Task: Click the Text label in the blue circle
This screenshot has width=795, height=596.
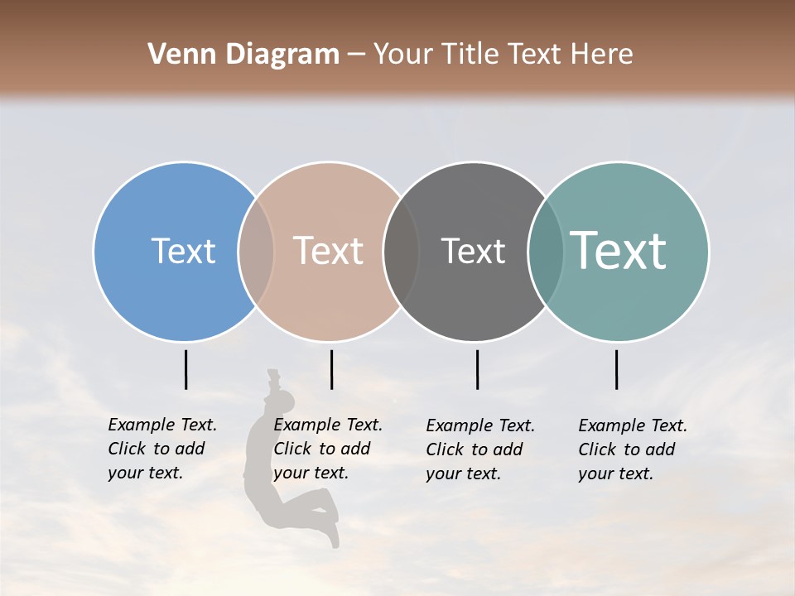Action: (183, 251)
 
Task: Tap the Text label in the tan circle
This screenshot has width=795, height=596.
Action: (329, 251)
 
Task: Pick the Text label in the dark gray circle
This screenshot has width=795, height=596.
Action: (473, 251)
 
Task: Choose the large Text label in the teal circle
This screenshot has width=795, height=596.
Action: (619, 251)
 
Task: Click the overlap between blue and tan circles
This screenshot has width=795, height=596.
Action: (256, 252)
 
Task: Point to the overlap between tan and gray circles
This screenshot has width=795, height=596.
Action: (401, 252)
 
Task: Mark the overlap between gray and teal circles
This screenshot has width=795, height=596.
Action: (546, 252)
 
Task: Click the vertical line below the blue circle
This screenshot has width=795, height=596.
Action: (185, 369)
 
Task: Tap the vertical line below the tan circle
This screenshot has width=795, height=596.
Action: (331, 369)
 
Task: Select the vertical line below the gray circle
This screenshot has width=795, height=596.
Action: (477, 369)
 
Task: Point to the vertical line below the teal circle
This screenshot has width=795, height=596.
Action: (616, 369)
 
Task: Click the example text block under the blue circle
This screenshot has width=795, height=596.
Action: (162, 449)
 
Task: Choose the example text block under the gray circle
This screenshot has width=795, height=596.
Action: (480, 449)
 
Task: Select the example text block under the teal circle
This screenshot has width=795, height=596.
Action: (633, 449)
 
